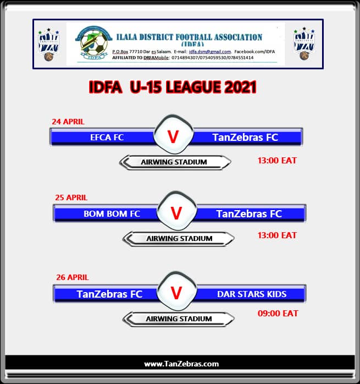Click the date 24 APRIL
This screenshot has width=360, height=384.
68,122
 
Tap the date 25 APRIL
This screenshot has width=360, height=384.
71,198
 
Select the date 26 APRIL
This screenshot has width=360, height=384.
73,277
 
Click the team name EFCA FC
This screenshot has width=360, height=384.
107,138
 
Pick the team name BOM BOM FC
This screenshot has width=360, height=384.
112,213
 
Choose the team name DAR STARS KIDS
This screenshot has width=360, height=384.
252,294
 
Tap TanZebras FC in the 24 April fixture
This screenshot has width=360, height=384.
245,138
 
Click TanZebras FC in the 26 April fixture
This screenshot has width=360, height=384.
109,294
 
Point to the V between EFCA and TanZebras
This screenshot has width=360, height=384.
173,137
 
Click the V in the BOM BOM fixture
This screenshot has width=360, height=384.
176,213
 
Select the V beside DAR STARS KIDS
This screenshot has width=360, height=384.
176,293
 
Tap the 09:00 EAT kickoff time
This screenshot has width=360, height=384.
278,314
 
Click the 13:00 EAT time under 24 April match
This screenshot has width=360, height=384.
277,161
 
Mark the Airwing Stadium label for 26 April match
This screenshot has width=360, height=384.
179,319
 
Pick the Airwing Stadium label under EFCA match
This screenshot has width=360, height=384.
174,162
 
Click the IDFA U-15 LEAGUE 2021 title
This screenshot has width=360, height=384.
173,87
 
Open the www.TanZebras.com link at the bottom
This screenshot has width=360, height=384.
181,364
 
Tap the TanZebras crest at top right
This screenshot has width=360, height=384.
304,44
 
